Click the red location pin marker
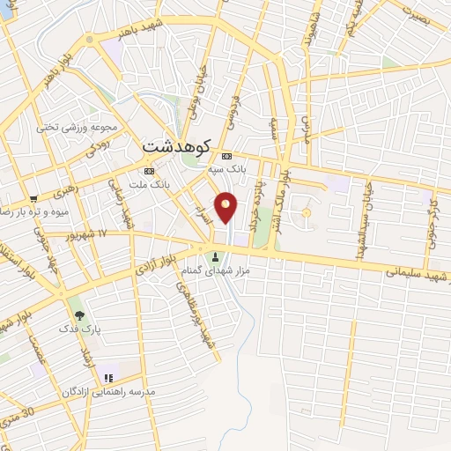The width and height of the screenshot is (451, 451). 227,206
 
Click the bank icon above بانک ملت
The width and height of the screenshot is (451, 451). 149,171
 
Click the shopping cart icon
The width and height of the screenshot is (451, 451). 33,198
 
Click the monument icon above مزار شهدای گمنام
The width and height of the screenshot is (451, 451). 218,257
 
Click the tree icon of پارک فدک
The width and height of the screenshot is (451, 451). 80,314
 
